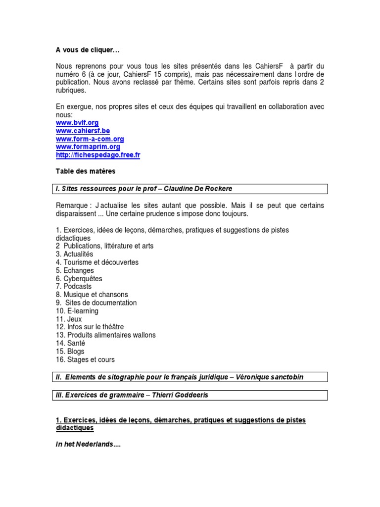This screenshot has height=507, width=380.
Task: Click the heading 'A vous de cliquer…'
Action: [x=88, y=50]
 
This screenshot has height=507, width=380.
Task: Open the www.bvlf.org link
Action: [x=77, y=122]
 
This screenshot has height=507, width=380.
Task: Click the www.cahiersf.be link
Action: [x=83, y=131]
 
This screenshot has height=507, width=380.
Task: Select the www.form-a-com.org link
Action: [x=90, y=139]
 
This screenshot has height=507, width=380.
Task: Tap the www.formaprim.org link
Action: [x=88, y=147]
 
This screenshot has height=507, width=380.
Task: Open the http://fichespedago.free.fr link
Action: [x=98, y=155]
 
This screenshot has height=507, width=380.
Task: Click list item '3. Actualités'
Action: [x=74, y=254]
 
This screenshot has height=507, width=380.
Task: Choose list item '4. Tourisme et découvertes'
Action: [x=97, y=262]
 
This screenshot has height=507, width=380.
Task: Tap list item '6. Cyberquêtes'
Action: [x=79, y=279]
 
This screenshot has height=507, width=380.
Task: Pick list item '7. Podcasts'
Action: [x=74, y=286]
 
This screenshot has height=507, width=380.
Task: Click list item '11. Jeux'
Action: [x=69, y=319]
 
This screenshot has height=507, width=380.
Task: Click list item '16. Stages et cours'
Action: [x=85, y=359]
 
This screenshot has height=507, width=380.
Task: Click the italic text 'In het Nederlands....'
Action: [x=88, y=445]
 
